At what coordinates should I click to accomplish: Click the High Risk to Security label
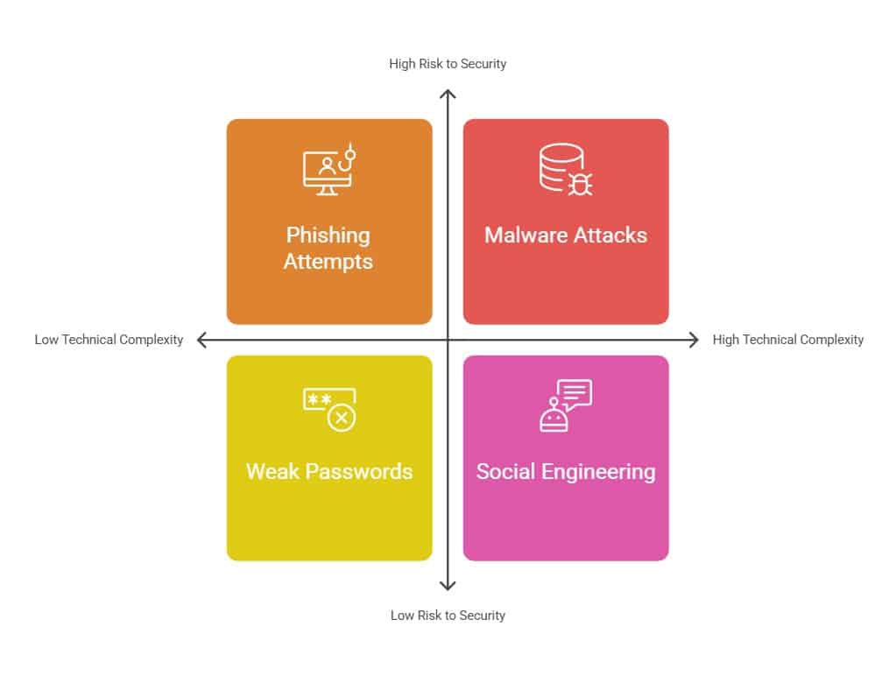click(x=448, y=64)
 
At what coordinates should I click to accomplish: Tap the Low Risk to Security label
click(x=448, y=616)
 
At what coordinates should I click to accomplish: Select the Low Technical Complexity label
click(x=109, y=340)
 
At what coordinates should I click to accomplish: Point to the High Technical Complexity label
click(x=788, y=340)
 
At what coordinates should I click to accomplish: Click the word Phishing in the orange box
click(x=328, y=236)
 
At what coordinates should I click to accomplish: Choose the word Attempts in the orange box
click(x=328, y=262)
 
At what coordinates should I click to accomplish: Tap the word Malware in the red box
click(x=526, y=236)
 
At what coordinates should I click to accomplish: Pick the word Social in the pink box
click(x=505, y=472)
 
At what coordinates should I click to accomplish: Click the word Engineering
click(x=598, y=473)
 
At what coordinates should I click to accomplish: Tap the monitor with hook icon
click(x=329, y=170)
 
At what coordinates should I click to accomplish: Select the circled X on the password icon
click(x=342, y=418)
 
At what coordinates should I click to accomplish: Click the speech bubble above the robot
click(x=575, y=395)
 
